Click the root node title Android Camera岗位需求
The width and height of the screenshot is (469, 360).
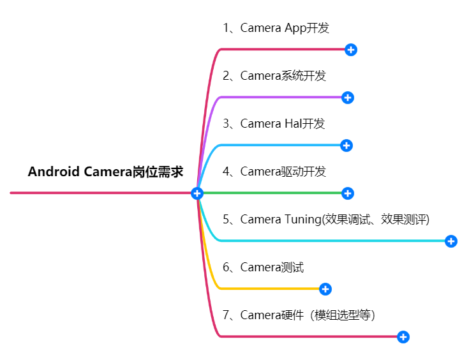click(106, 172)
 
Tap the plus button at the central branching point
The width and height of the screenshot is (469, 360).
click(197, 193)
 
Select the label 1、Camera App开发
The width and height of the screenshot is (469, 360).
click(276, 28)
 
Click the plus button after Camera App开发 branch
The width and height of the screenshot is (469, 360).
click(350, 50)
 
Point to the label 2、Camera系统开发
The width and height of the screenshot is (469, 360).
click(274, 76)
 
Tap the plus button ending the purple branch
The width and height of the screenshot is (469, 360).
click(348, 98)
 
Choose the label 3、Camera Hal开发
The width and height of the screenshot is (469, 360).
click(274, 124)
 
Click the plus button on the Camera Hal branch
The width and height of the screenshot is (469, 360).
click(346, 146)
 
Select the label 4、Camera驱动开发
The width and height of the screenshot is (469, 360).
click(274, 172)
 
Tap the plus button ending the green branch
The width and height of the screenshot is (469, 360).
click(348, 193)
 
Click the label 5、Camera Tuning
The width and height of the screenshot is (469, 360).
click(326, 220)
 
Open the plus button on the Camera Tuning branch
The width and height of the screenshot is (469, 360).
click(451, 241)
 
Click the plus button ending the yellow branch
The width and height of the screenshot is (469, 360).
click(325, 289)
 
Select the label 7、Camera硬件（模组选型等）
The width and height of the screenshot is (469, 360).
click(299, 315)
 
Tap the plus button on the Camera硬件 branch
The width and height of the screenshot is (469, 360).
click(403, 337)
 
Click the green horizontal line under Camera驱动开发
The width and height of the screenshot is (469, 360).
click(274, 193)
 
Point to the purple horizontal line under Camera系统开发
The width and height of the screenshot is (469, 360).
click(281, 98)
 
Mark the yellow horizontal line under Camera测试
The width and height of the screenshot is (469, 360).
click(268, 289)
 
